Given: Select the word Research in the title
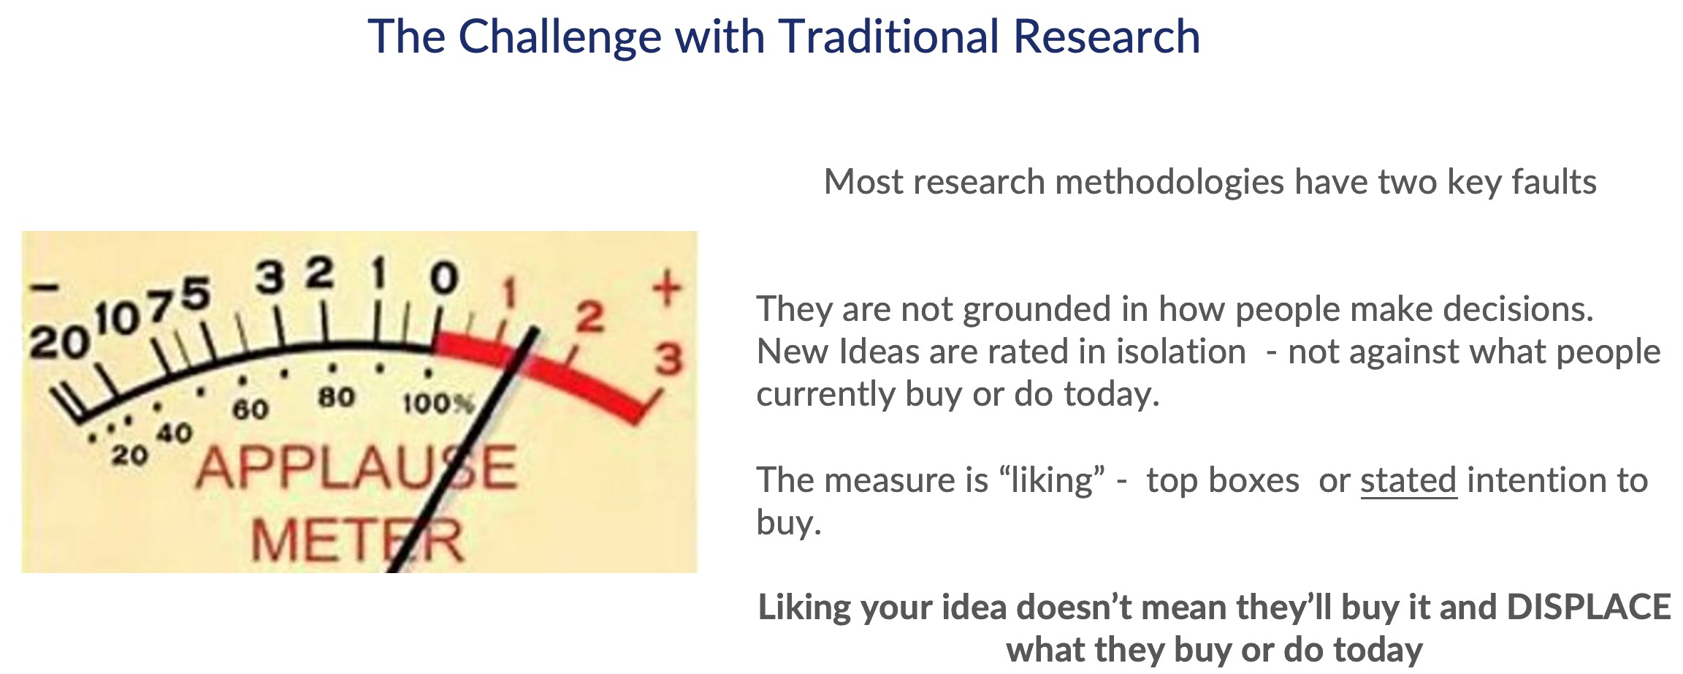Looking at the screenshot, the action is pyautogui.click(x=1107, y=37).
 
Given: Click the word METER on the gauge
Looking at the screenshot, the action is pyautogui.click(x=358, y=541).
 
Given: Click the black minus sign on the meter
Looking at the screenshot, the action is pyautogui.click(x=44, y=287).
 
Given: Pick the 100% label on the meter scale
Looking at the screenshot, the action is pyautogui.click(x=438, y=403).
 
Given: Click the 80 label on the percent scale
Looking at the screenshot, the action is pyautogui.click(x=336, y=398).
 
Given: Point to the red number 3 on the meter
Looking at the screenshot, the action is pyautogui.click(x=668, y=360).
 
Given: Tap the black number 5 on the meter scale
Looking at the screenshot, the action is pyautogui.click(x=196, y=294).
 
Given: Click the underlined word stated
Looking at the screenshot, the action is pyautogui.click(x=1408, y=480).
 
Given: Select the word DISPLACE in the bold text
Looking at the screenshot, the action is pyautogui.click(x=1589, y=607).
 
